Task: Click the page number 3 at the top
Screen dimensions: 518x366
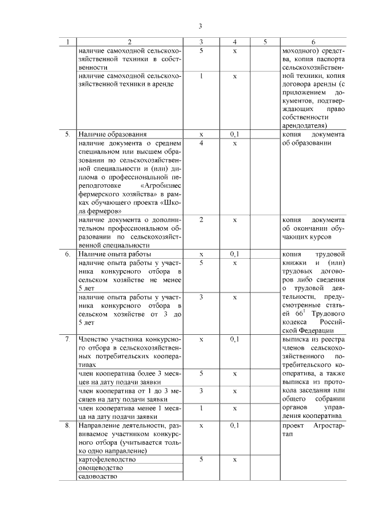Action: [200, 26]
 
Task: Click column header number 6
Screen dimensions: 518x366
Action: [313, 42]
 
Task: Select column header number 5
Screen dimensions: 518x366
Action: [265, 42]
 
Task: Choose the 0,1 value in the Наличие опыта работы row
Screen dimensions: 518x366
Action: [235, 254]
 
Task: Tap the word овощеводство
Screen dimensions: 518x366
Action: [101, 468]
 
